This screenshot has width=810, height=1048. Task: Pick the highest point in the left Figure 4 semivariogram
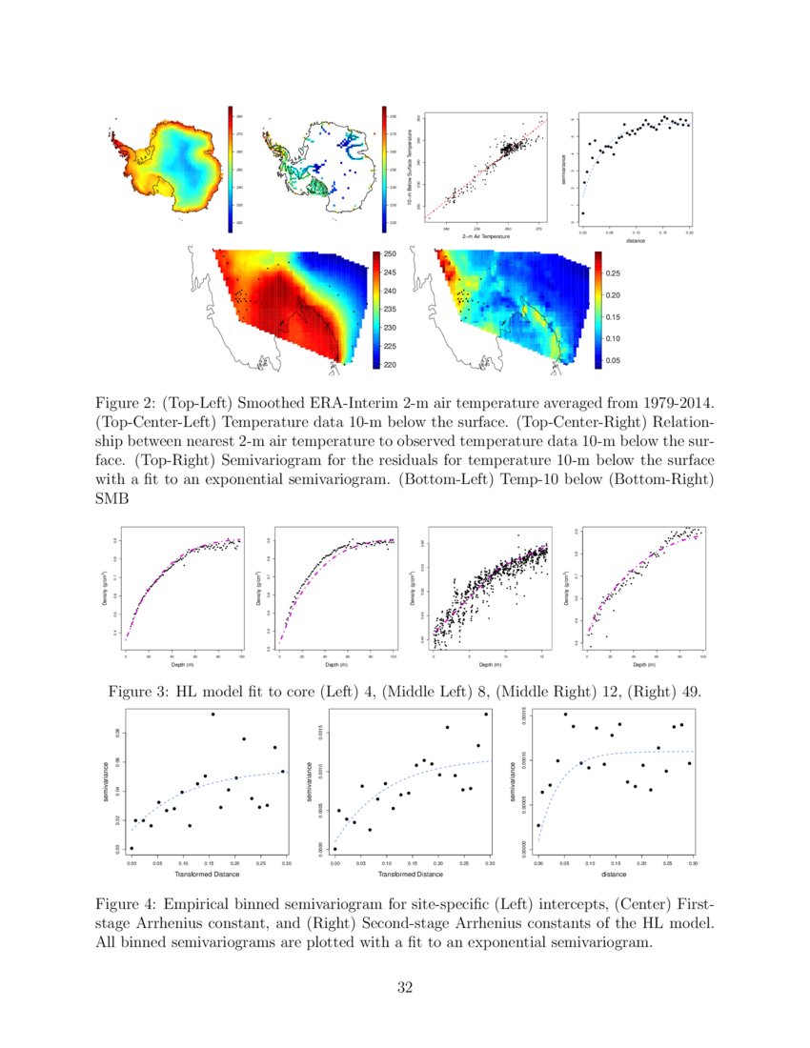213,715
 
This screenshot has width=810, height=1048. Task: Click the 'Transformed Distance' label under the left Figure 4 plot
208,873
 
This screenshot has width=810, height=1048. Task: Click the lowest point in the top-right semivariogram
583,213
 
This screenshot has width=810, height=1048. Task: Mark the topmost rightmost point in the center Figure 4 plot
486,715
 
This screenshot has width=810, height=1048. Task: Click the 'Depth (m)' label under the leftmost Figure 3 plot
183,665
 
